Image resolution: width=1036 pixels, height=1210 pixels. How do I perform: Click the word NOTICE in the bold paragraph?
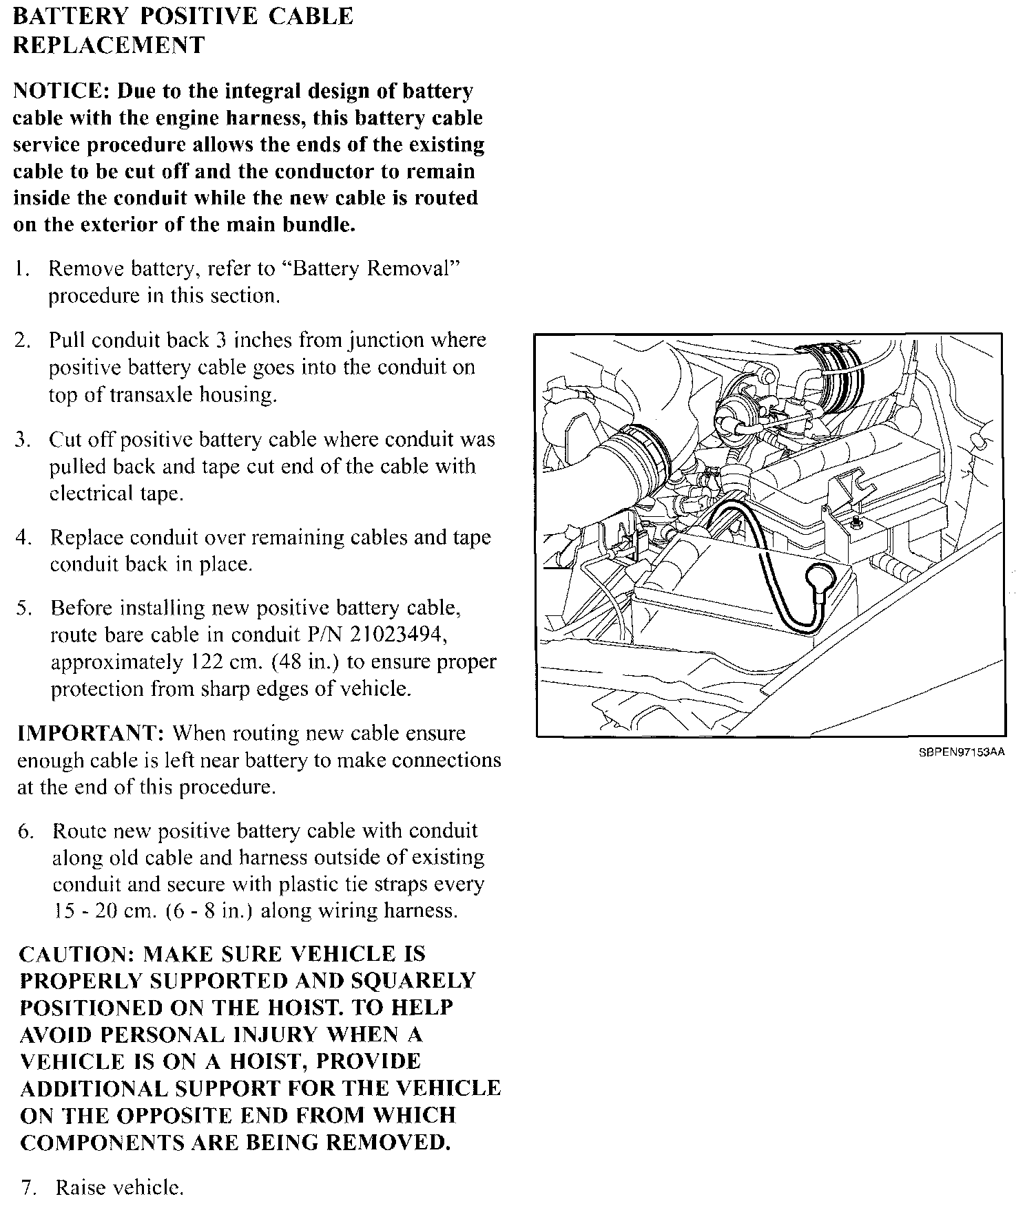coord(61,92)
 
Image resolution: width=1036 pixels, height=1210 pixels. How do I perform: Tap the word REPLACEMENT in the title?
coord(109,45)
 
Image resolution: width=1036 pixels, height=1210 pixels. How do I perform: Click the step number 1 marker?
coord(21,269)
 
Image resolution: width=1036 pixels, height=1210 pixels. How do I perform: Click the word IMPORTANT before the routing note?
coord(90,734)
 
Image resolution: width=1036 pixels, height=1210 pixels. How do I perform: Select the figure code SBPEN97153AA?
coord(962,752)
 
